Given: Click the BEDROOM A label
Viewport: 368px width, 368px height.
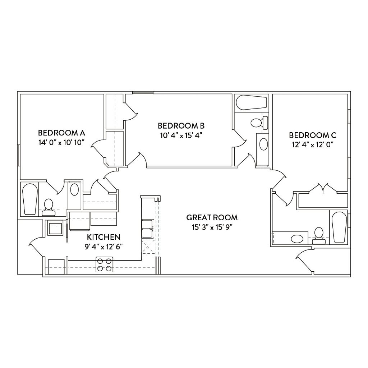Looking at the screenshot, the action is [x=61, y=133].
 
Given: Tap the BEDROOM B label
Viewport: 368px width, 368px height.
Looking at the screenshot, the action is [x=181, y=126].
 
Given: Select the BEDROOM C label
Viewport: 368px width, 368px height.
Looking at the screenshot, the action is [x=313, y=135].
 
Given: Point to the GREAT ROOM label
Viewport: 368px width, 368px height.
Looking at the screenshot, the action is [x=212, y=217].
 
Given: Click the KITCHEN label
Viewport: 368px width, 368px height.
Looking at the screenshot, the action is [x=103, y=237].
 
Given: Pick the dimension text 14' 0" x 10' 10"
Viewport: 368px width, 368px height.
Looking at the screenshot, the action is [x=61, y=142].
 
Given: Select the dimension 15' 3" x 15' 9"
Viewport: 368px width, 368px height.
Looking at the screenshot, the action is [x=212, y=227].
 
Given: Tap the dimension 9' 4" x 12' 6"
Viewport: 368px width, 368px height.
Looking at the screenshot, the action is [x=103, y=247].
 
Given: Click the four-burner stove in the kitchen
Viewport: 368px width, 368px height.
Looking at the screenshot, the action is [x=105, y=264].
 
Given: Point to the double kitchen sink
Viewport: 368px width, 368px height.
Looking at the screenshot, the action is [x=148, y=229].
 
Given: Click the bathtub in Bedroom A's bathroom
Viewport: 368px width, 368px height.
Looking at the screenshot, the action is [x=30, y=199].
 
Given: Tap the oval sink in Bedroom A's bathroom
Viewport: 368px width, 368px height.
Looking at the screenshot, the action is [x=75, y=190].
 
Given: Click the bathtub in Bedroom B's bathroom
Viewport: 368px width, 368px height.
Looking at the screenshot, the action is [x=252, y=102].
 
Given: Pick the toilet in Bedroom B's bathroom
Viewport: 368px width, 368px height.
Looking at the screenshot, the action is [x=259, y=123].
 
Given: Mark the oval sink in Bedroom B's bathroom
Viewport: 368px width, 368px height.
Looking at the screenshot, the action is [x=263, y=144].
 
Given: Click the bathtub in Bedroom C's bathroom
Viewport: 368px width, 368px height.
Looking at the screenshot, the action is [x=339, y=227].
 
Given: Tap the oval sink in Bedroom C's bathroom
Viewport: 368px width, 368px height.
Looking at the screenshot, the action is [x=297, y=239].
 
